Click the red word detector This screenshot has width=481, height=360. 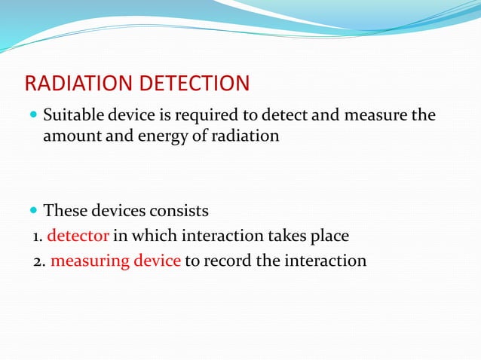click(78, 236)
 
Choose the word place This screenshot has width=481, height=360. click(330, 236)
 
